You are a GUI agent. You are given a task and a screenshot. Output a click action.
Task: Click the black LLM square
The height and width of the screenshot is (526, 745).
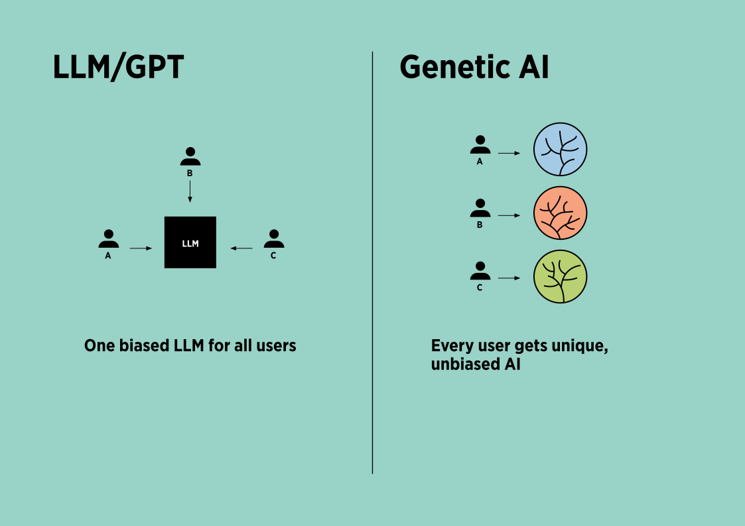tap(190, 242)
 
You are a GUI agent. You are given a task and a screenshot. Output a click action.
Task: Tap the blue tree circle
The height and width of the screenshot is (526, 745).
tap(561, 149)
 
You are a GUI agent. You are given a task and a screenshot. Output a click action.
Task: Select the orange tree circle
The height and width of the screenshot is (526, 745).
tap(561, 213)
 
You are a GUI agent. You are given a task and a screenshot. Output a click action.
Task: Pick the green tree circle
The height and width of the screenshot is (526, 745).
tap(561, 276)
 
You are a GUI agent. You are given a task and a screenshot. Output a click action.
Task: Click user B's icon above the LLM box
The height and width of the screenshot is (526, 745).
tap(190, 157)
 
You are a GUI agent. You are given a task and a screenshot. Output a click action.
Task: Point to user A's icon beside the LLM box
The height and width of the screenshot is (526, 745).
tap(108, 239)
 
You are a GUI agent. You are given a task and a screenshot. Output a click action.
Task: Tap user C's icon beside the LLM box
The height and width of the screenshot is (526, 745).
tap(273, 239)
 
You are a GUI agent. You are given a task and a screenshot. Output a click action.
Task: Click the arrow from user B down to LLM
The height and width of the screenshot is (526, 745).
tap(190, 191)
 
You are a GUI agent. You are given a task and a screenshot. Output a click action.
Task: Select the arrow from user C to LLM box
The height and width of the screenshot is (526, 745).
tap(241, 248)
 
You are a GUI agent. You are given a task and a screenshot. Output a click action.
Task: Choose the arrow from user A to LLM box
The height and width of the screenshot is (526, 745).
tap(141, 248)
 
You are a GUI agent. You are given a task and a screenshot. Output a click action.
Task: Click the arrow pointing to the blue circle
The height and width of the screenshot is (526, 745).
tap(509, 153)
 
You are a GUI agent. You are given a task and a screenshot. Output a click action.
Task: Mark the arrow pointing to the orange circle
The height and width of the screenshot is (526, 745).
tap(509, 215)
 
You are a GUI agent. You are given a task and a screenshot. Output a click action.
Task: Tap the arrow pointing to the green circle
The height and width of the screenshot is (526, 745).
tap(509, 278)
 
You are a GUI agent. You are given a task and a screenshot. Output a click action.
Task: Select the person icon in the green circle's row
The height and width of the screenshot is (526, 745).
tap(480, 271)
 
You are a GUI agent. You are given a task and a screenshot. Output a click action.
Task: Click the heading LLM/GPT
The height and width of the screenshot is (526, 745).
tap(118, 68)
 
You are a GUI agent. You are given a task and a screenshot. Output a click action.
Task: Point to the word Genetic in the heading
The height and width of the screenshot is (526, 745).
tap(449, 68)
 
